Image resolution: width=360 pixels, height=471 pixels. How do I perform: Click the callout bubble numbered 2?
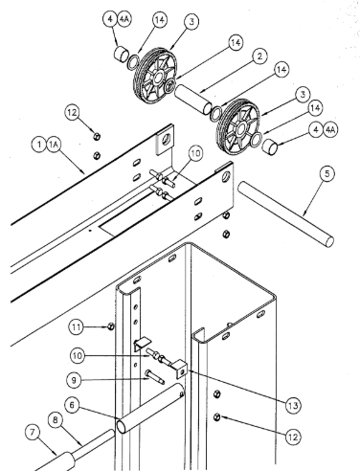(259, 56)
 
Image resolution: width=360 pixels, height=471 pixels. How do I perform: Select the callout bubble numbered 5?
(327, 173)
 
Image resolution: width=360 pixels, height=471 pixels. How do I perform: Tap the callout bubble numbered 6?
(72, 405)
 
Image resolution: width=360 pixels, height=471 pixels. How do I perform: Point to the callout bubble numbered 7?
(33, 433)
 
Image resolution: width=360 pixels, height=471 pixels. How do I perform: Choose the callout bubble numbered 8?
(56, 420)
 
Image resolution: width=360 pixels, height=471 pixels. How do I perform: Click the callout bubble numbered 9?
(74, 380)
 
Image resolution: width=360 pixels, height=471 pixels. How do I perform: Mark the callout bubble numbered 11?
(77, 327)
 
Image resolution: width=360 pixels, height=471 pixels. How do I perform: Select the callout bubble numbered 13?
(293, 406)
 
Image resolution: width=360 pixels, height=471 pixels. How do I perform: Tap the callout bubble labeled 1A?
(54, 145)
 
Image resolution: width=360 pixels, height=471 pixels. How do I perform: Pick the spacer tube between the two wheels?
(193, 98)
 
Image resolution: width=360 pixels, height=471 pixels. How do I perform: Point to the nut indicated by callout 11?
(110, 326)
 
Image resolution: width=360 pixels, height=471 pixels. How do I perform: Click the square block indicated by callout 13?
(179, 369)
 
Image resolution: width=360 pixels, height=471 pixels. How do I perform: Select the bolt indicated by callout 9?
(154, 376)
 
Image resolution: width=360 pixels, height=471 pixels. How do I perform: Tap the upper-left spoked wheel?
(155, 77)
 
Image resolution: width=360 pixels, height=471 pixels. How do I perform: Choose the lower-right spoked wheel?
(238, 127)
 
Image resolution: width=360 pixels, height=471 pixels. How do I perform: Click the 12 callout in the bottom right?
(293, 437)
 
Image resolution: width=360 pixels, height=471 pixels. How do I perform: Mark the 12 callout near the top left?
(72, 112)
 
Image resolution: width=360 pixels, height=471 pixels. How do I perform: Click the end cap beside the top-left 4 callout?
(121, 54)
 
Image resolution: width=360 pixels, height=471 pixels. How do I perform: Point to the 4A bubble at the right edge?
(330, 130)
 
